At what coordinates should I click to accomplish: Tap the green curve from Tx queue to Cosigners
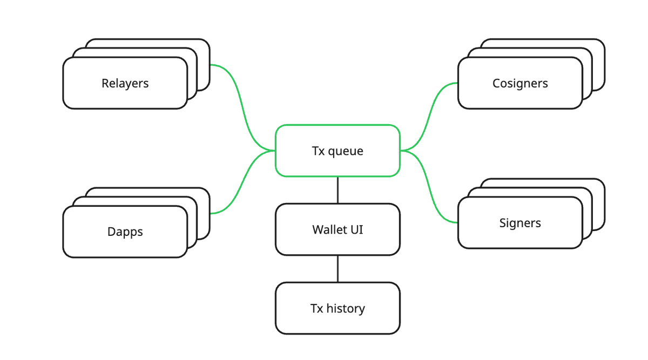429,116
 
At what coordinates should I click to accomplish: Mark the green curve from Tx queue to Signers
429,186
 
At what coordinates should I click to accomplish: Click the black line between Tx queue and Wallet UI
337,190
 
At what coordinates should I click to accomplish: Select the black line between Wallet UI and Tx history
337,269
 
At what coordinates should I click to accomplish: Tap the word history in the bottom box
346,309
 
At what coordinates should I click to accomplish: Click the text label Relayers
125,83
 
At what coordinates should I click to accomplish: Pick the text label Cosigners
520,83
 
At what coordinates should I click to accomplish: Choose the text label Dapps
125,232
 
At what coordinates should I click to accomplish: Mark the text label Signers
520,223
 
